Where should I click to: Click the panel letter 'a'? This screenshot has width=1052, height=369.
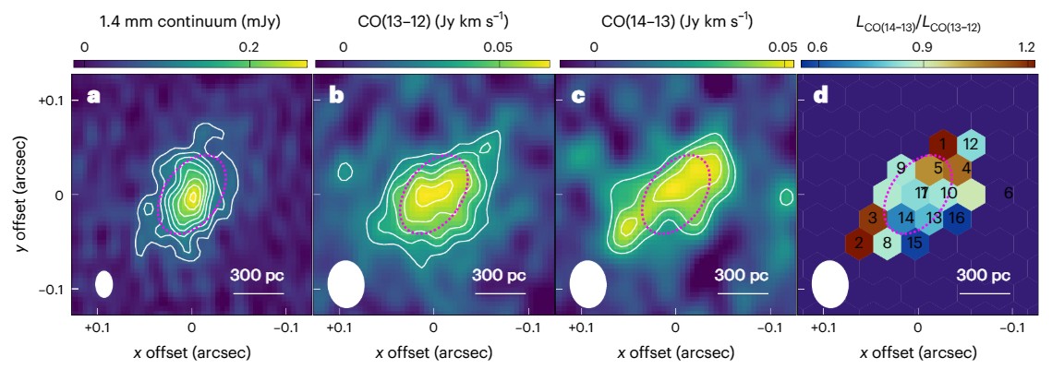(x=92, y=96)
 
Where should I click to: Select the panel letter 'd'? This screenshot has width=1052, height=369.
(x=818, y=96)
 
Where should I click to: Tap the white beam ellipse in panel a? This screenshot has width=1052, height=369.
(x=103, y=283)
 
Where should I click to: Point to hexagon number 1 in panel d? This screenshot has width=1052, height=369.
(x=941, y=144)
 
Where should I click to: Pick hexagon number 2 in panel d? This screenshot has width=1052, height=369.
(x=859, y=244)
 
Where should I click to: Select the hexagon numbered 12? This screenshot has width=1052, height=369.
(x=970, y=144)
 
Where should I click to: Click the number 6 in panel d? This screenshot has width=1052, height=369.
(x=1009, y=193)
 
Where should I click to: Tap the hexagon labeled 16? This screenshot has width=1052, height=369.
(x=957, y=218)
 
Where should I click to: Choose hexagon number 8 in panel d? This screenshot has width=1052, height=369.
(x=887, y=244)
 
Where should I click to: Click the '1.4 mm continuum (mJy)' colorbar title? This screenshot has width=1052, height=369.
(x=189, y=21)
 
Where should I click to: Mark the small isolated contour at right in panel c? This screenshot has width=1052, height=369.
(x=786, y=196)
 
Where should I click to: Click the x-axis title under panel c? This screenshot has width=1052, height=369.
(x=675, y=351)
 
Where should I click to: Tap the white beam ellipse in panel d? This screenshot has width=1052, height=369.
(x=829, y=284)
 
